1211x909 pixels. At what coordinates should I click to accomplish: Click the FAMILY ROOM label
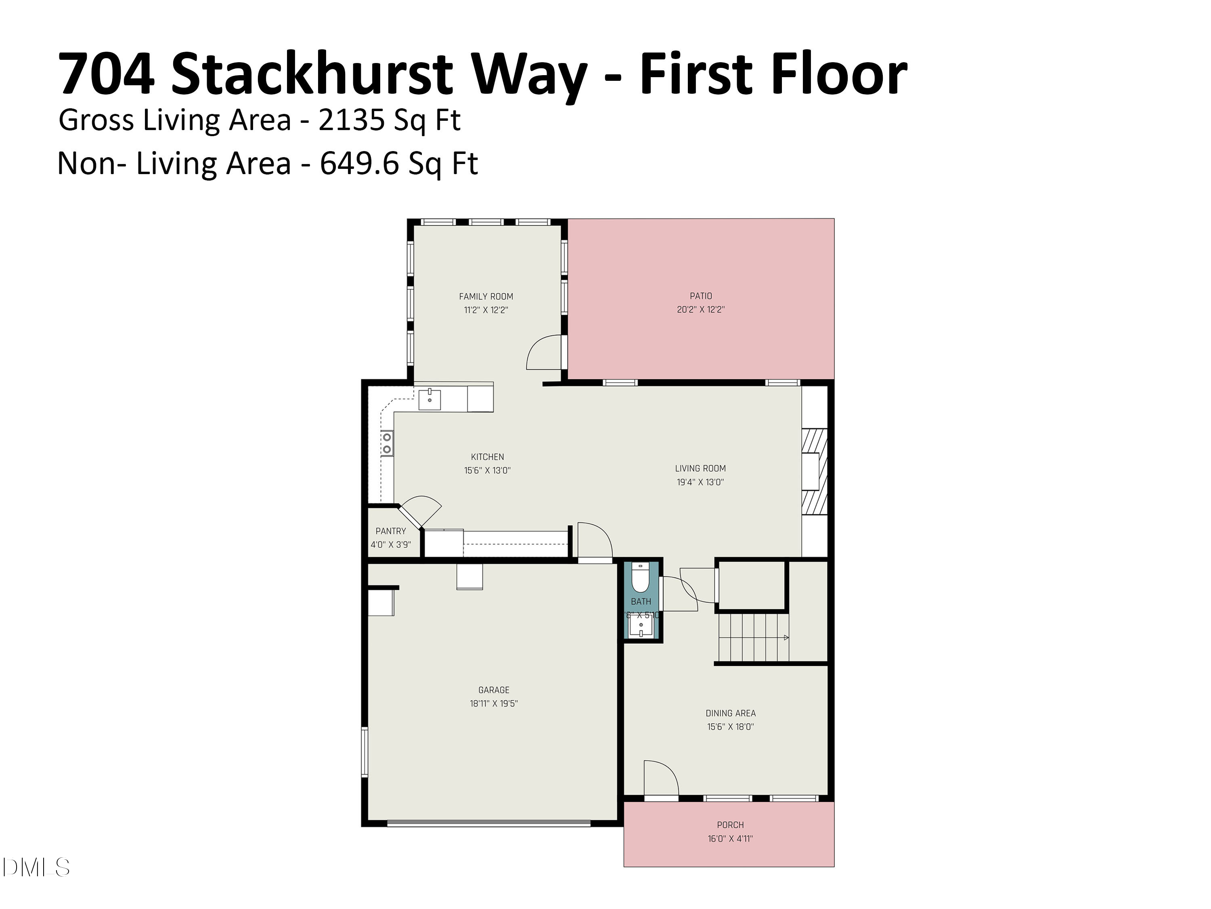pos(486,297)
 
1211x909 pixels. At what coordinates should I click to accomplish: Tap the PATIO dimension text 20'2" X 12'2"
pos(700,309)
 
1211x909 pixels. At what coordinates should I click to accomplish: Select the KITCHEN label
pos(487,457)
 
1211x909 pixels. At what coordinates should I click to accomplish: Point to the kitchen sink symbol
pos(430,400)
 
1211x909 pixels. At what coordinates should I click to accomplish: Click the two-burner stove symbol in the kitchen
pos(387,443)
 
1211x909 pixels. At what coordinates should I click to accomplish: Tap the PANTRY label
pos(390,531)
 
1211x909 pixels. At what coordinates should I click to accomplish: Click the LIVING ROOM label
pos(700,469)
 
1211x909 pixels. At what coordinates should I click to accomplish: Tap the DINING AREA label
pos(730,713)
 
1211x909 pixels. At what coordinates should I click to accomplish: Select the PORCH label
pos(730,825)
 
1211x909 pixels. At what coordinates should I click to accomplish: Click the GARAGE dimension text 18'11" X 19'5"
pos(493,703)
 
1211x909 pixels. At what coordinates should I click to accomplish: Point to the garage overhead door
pos(488,823)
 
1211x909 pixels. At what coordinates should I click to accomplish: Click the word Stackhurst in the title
pos(312,74)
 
